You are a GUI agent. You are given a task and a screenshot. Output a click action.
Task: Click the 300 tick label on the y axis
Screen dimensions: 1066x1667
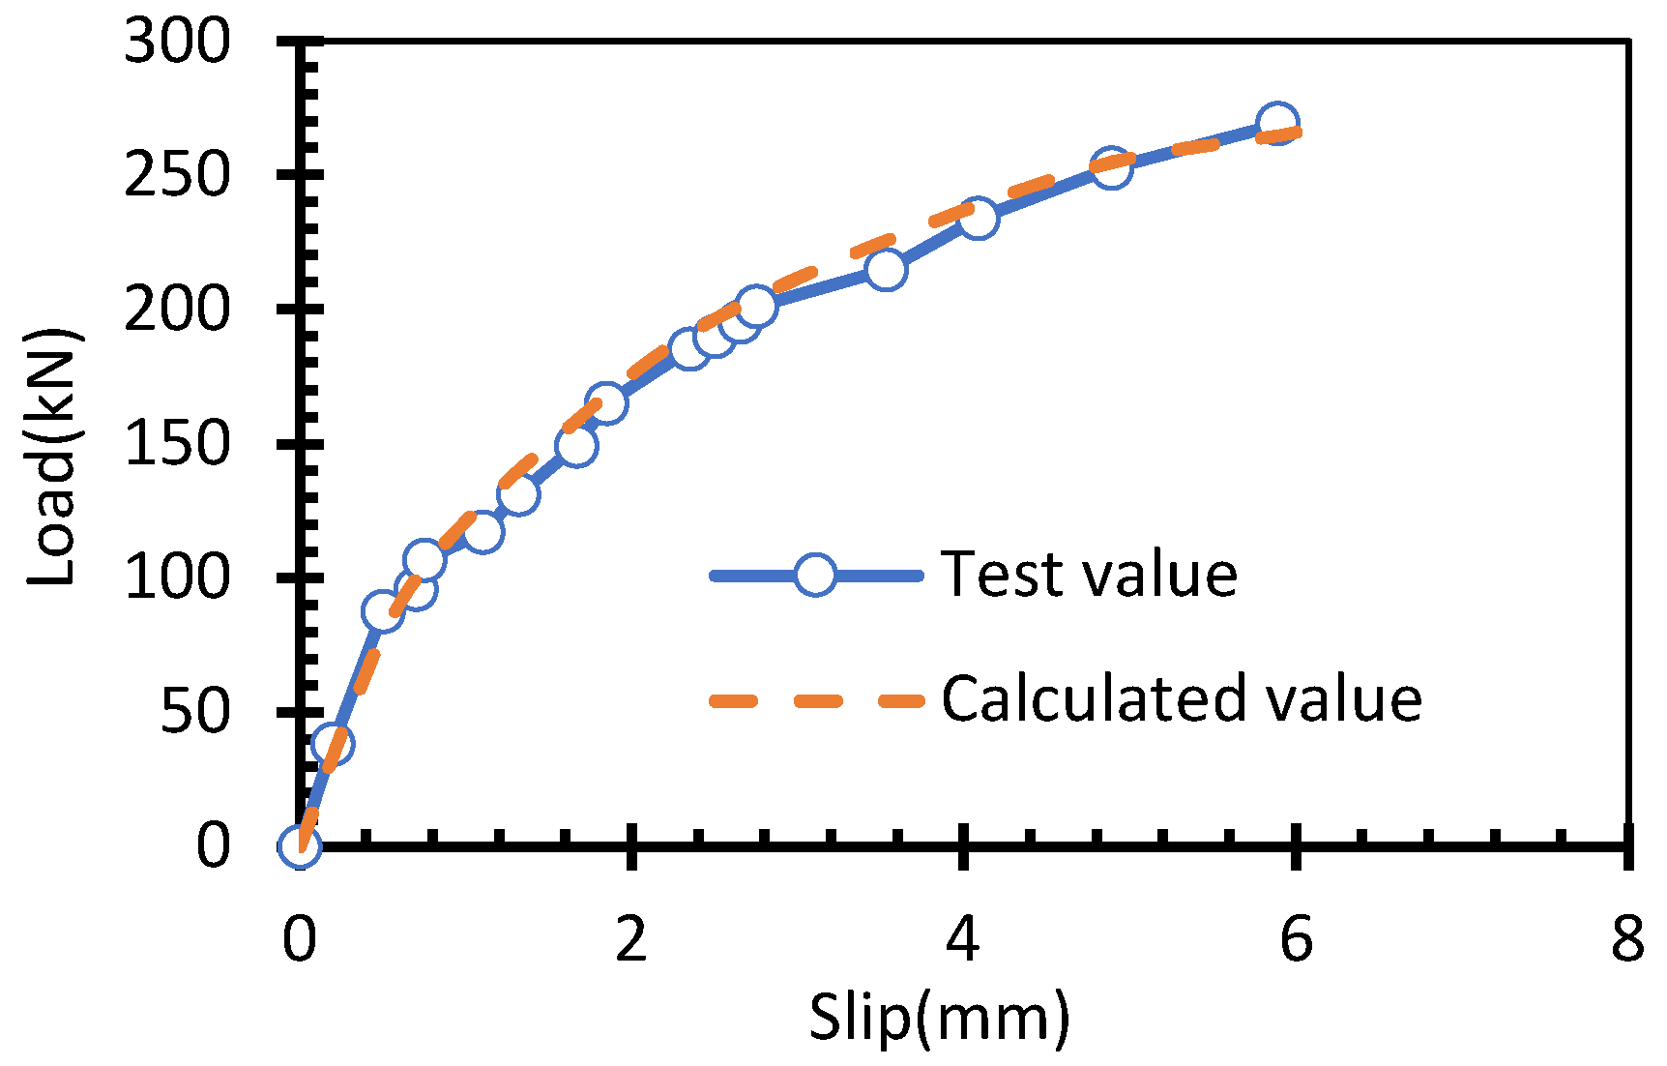(178, 43)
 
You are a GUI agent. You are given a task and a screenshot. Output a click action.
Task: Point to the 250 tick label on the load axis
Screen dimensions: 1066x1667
(178, 176)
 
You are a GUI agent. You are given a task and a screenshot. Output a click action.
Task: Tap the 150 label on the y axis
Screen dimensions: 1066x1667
(178, 445)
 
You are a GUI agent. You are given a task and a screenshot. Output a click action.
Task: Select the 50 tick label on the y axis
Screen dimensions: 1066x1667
(195, 713)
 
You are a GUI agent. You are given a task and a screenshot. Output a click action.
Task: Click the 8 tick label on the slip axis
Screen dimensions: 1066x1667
(1627, 938)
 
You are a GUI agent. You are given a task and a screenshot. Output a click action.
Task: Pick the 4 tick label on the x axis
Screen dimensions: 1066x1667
(963, 938)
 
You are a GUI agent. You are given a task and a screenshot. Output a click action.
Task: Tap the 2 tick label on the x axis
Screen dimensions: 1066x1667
(630, 938)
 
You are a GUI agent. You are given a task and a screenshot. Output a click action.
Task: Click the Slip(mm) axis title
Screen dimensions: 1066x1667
(939, 1019)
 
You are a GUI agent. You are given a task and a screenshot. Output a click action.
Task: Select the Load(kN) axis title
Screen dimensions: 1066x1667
(53, 457)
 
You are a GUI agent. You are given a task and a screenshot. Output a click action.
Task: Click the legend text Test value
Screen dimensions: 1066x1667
(1090, 575)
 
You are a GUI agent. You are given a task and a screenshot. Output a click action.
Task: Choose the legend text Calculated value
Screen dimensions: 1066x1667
(1182, 698)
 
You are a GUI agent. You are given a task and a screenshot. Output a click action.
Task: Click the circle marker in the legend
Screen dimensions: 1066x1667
(815, 575)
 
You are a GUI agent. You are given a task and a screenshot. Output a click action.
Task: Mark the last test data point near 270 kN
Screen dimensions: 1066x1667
(1277, 123)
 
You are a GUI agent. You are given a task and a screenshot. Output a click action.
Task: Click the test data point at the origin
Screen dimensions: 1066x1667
(299, 846)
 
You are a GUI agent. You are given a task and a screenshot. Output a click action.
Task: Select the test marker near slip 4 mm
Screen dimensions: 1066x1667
(978, 219)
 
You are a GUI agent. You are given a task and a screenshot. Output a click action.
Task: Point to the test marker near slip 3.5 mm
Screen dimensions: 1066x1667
(886, 269)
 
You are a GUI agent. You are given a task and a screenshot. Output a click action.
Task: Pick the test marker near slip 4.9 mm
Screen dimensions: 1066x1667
(1111, 168)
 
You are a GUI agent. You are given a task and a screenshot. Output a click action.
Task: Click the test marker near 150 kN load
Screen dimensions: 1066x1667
(576, 446)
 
